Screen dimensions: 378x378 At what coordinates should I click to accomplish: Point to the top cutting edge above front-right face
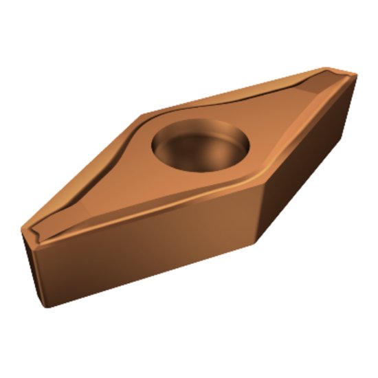tap(309, 131)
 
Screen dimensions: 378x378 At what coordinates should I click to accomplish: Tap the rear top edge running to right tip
tap(241, 89)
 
